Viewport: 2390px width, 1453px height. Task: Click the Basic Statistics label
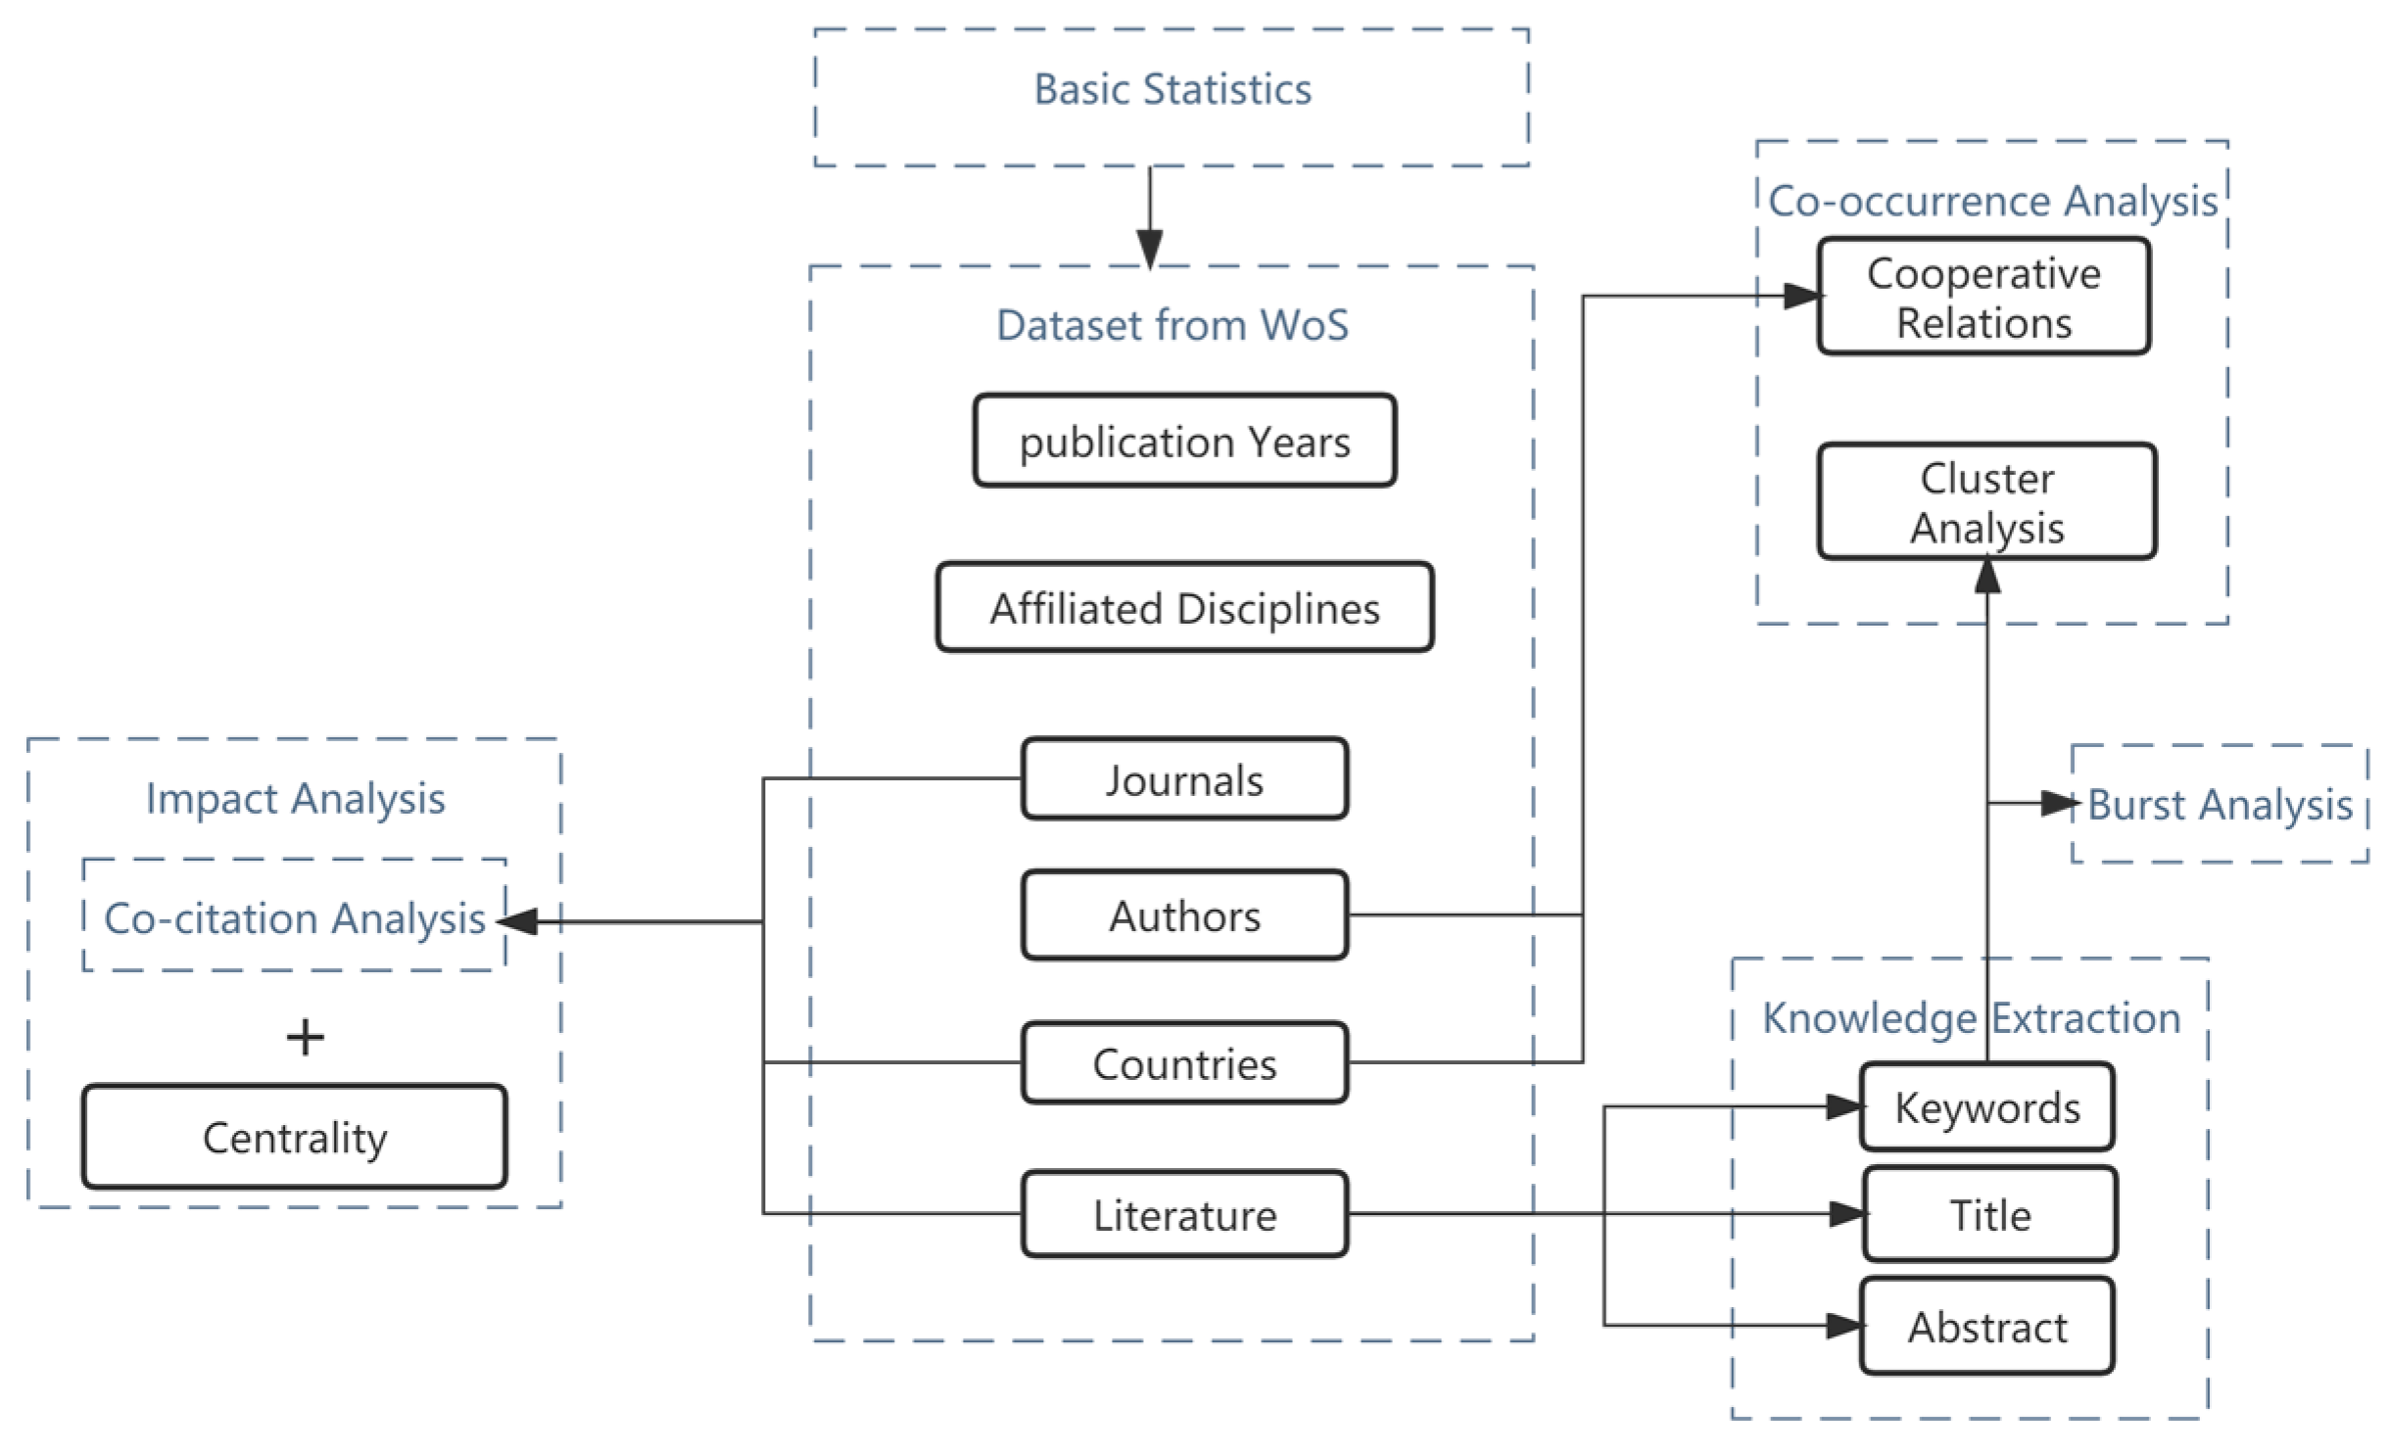1171,90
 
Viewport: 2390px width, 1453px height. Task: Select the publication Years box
1184,442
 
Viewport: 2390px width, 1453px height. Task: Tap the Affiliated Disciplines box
1184,608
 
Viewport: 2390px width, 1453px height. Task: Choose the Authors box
1184,916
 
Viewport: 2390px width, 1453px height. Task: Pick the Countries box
1184,1063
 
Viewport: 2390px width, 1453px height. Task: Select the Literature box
1184,1215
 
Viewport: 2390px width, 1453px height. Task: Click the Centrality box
295,1138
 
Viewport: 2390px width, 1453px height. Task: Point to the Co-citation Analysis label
295,918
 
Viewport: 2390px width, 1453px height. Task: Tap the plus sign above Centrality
305,1037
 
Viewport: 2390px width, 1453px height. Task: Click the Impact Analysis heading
295,799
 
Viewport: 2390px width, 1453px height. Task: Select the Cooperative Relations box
1984,297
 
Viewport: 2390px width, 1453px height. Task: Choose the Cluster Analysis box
1986,502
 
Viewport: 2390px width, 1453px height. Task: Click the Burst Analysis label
2219,805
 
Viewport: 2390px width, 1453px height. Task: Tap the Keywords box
1986,1107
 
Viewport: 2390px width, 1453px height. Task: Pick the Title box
1989,1215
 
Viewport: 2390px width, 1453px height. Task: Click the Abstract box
1986,1327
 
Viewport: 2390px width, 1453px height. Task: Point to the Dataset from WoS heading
1171,325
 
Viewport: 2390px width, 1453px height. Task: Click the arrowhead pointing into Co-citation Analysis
519,921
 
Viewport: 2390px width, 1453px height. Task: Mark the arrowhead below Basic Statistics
1150,248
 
